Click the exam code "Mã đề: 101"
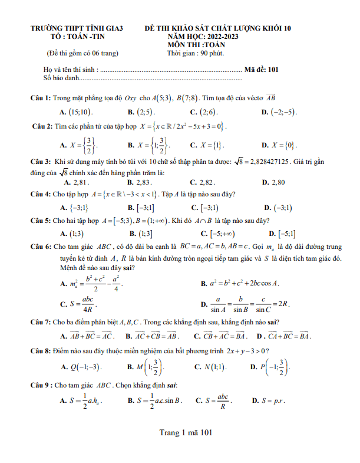click(x=261, y=69)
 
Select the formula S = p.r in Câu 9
click(x=272, y=400)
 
